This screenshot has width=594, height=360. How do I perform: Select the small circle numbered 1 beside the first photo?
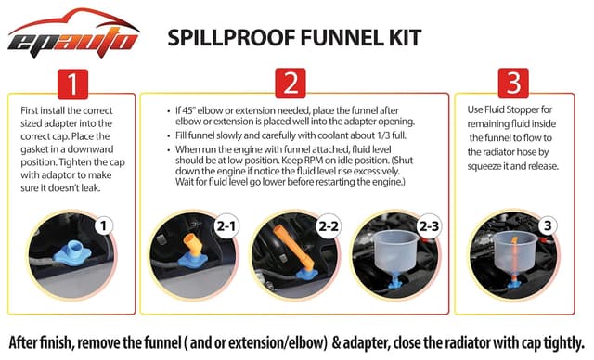pyautogui.click(x=105, y=224)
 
